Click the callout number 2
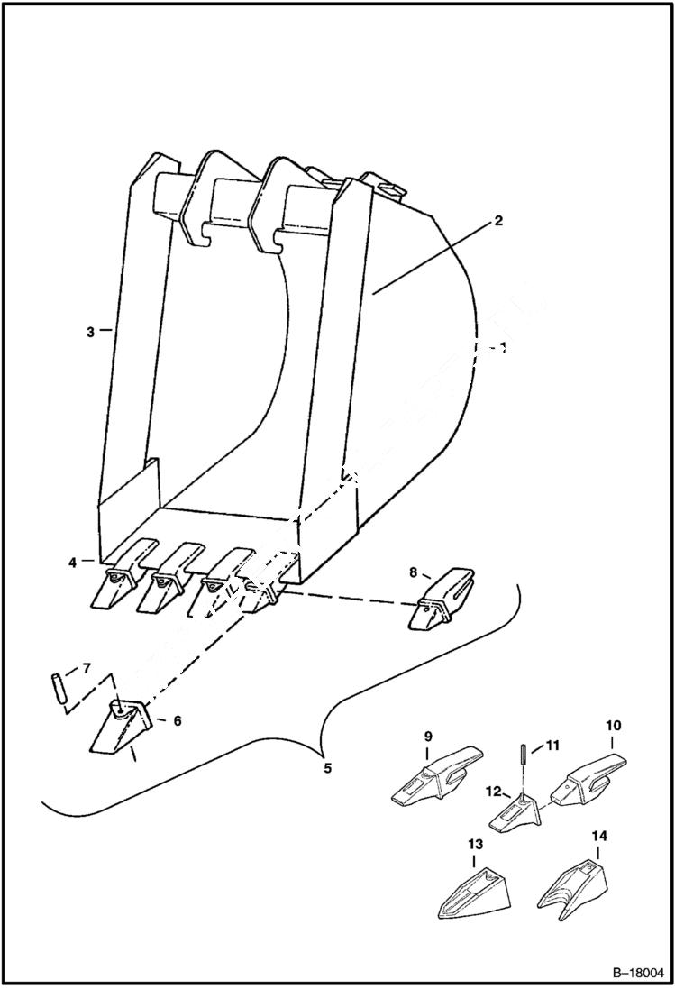point(498,221)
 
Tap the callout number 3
point(90,332)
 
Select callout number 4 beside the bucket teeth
point(71,563)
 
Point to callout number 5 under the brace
point(327,768)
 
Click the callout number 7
point(86,668)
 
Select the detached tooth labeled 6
point(122,725)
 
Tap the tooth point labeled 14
point(572,883)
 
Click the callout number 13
point(475,844)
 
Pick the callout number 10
point(613,725)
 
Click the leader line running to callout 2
point(433,257)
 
